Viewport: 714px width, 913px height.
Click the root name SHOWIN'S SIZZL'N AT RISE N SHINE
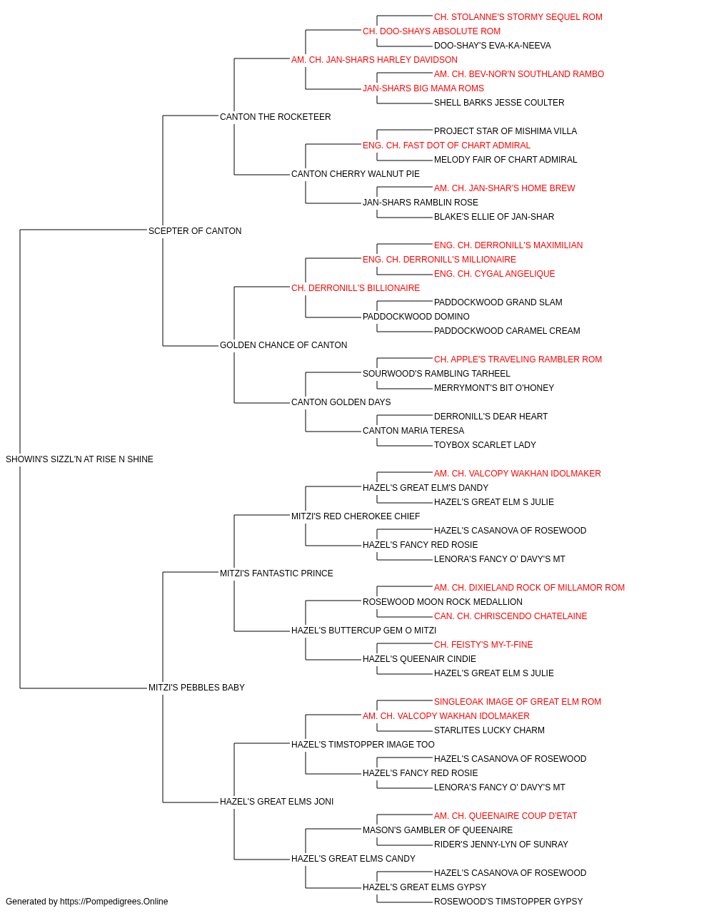pos(79,459)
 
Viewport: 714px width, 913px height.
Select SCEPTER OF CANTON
pos(195,231)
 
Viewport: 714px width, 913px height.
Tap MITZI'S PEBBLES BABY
pos(196,688)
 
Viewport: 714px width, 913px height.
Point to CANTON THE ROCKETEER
pos(276,117)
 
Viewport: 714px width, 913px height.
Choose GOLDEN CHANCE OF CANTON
pos(283,345)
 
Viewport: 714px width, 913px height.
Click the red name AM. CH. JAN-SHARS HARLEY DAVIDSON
pos(374,60)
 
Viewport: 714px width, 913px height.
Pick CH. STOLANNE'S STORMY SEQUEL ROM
pos(518,17)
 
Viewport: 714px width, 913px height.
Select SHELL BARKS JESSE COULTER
pos(499,103)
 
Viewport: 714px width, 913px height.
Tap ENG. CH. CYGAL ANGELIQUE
pos(495,274)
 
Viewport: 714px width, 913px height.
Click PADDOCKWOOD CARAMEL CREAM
pos(507,331)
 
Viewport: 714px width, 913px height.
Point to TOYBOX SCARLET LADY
pos(485,445)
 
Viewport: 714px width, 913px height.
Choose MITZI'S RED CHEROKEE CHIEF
pos(356,516)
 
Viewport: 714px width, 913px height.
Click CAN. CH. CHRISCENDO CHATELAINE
pos(511,616)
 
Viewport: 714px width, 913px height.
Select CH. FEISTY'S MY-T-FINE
pos(483,645)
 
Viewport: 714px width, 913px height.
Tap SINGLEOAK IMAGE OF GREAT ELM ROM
pos(518,702)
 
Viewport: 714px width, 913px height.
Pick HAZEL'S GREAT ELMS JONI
pos(277,802)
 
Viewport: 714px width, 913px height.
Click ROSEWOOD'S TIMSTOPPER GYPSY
pos(508,902)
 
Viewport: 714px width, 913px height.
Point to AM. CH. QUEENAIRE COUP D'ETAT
pos(506,816)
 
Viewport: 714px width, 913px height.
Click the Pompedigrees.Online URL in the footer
pos(114,902)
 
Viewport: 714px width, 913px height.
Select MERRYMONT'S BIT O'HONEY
pos(494,388)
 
